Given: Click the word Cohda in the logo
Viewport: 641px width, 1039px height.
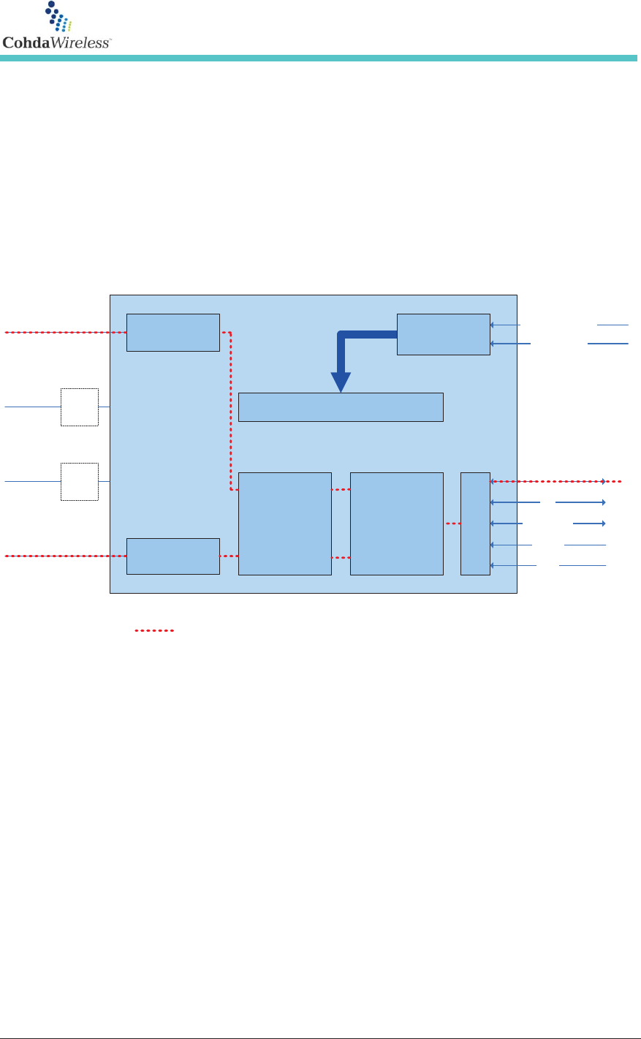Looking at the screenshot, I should [26, 42].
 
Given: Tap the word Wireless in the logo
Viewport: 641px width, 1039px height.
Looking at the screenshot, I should [80, 42].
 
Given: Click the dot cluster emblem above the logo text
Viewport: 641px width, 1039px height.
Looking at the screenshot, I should [58, 16].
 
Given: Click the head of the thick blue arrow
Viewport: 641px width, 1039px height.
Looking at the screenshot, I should [341, 382].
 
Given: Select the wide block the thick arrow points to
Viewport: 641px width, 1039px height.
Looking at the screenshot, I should [341, 407].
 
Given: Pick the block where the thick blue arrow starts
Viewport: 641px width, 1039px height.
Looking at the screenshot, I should [443, 334].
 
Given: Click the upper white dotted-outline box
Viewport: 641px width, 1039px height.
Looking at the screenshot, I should [80, 407].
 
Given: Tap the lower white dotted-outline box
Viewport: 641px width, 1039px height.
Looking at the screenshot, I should [80, 481].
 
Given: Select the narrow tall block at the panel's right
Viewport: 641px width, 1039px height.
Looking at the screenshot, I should [475, 524].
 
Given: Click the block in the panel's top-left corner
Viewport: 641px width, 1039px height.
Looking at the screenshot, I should [172, 333].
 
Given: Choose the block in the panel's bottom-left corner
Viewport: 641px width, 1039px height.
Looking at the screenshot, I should [172, 556].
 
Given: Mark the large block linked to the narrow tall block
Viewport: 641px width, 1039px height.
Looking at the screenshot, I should [397, 524].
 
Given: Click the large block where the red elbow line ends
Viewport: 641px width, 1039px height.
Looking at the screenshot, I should [285, 524].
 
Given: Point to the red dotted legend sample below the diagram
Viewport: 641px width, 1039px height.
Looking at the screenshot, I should [154, 630].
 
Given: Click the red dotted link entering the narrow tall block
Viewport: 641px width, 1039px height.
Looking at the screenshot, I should [452, 524].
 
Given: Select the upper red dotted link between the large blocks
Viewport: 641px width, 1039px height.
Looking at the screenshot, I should [341, 490].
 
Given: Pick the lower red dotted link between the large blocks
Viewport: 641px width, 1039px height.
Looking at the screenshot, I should [341, 558].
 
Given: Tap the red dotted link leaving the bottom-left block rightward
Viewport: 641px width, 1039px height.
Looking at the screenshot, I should [229, 556].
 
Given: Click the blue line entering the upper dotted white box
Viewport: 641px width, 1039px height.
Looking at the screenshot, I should [33, 407].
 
